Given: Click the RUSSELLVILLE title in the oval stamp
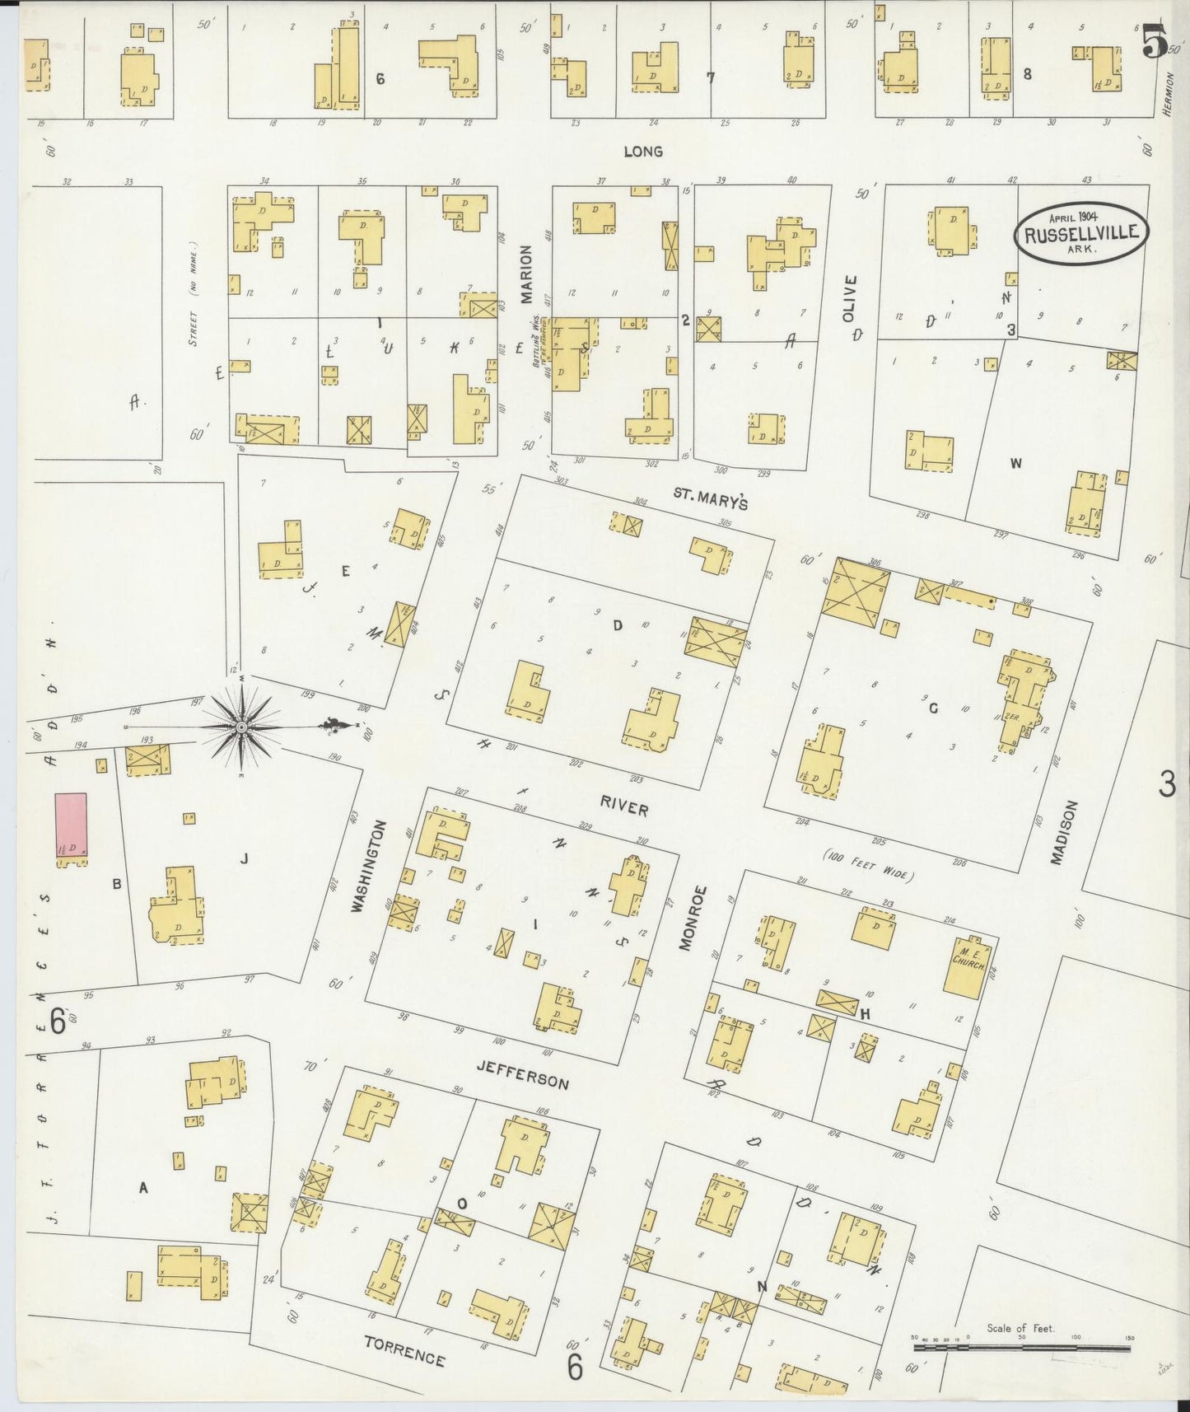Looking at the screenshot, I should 1081,232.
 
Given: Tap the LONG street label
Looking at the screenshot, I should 643,152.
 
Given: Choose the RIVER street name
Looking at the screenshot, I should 623,809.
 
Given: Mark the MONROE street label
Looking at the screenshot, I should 693,919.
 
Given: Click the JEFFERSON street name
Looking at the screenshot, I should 522,1074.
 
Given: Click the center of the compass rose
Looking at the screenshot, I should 240,727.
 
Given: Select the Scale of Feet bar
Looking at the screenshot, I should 1021,1349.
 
